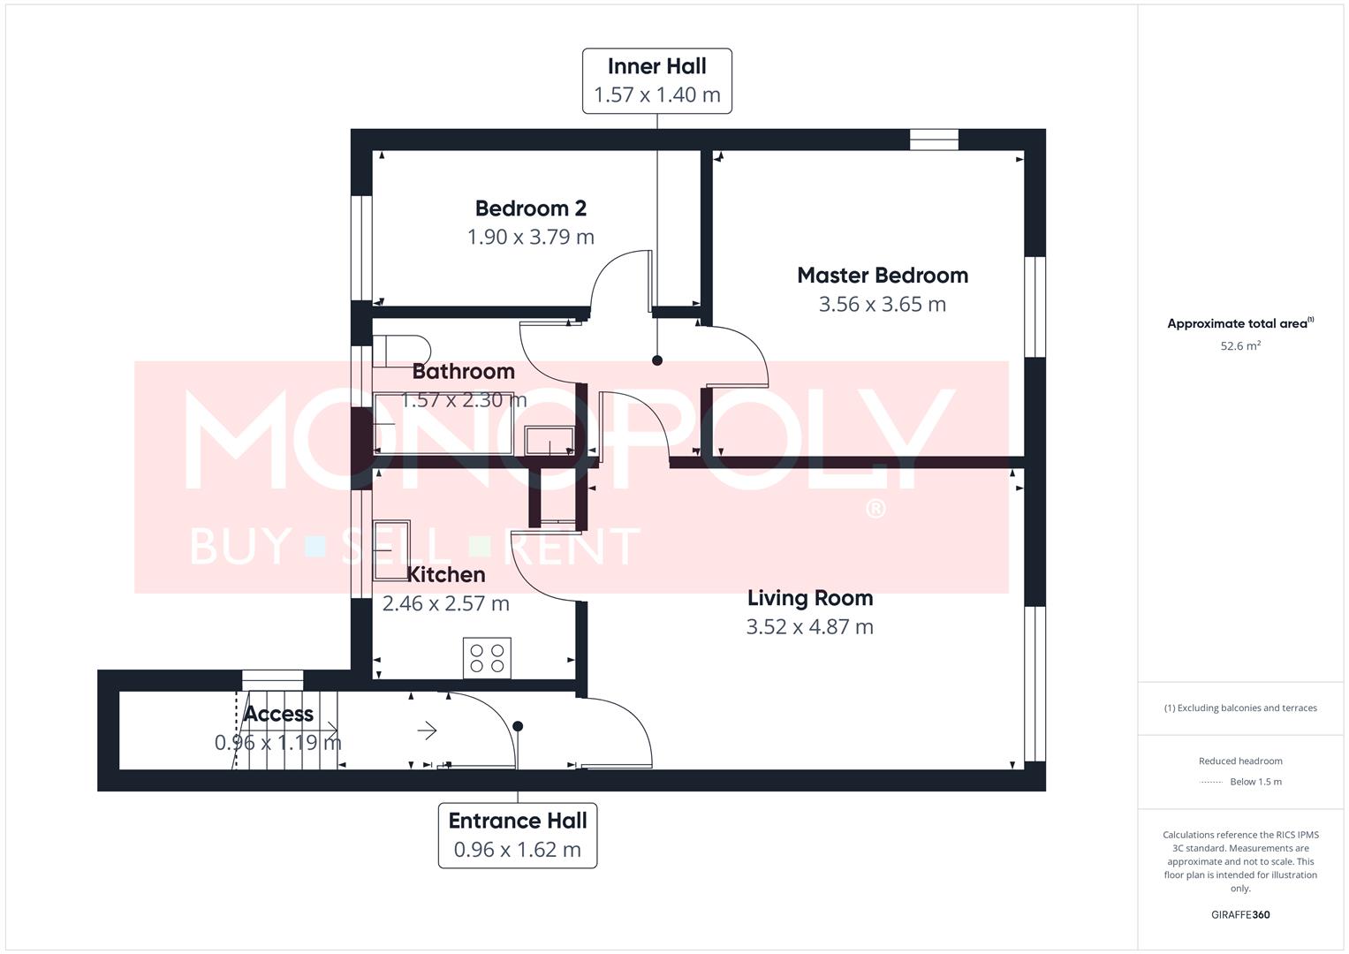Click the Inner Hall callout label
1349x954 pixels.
pyautogui.click(x=656, y=80)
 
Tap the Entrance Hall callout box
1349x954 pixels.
pyautogui.click(x=518, y=835)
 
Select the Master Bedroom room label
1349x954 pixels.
pyautogui.click(x=882, y=276)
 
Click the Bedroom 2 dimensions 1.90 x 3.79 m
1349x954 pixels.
pyautogui.click(x=530, y=237)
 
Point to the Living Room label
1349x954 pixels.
pyautogui.click(x=809, y=598)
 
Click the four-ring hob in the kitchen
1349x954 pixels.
pyautogui.click(x=487, y=658)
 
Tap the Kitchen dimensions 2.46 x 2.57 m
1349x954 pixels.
pyautogui.click(x=445, y=603)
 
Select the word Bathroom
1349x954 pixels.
pyautogui.click(x=463, y=371)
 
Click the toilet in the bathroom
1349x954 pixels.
pyautogui.click(x=400, y=350)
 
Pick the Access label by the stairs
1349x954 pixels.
pyautogui.click(x=278, y=714)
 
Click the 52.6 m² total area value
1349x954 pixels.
pyautogui.click(x=1239, y=346)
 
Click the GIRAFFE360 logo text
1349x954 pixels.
pyautogui.click(x=1239, y=914)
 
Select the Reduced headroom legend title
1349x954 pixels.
pyautogui.click(x=1239, y=761)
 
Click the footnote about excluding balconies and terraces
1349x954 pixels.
pyautogui.click(x=1239, y=708)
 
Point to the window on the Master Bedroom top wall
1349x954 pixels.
pyautogui.click(x=934, y=140)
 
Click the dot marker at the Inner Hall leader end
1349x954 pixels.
pyautogui.click(x=657, y=360)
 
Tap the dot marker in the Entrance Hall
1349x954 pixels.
pyautogui.click(x=518, y=726)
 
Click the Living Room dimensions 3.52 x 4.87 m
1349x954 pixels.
pyautogui.click(x=809, y=627)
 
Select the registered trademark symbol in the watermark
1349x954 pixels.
pyautogui.click(x=875, y=509)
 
